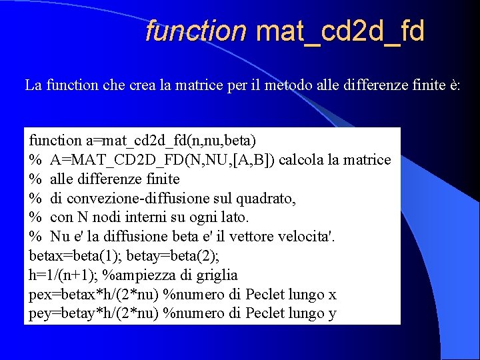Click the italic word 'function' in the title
(196, 31)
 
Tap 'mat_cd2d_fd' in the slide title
(340, 31)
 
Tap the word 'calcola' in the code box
(291, 160)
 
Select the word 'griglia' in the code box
(216, 275)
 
